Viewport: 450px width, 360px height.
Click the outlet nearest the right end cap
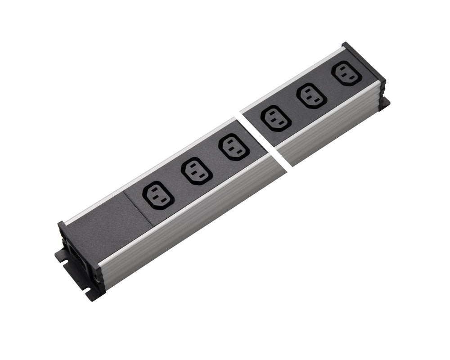click(346, 73)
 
